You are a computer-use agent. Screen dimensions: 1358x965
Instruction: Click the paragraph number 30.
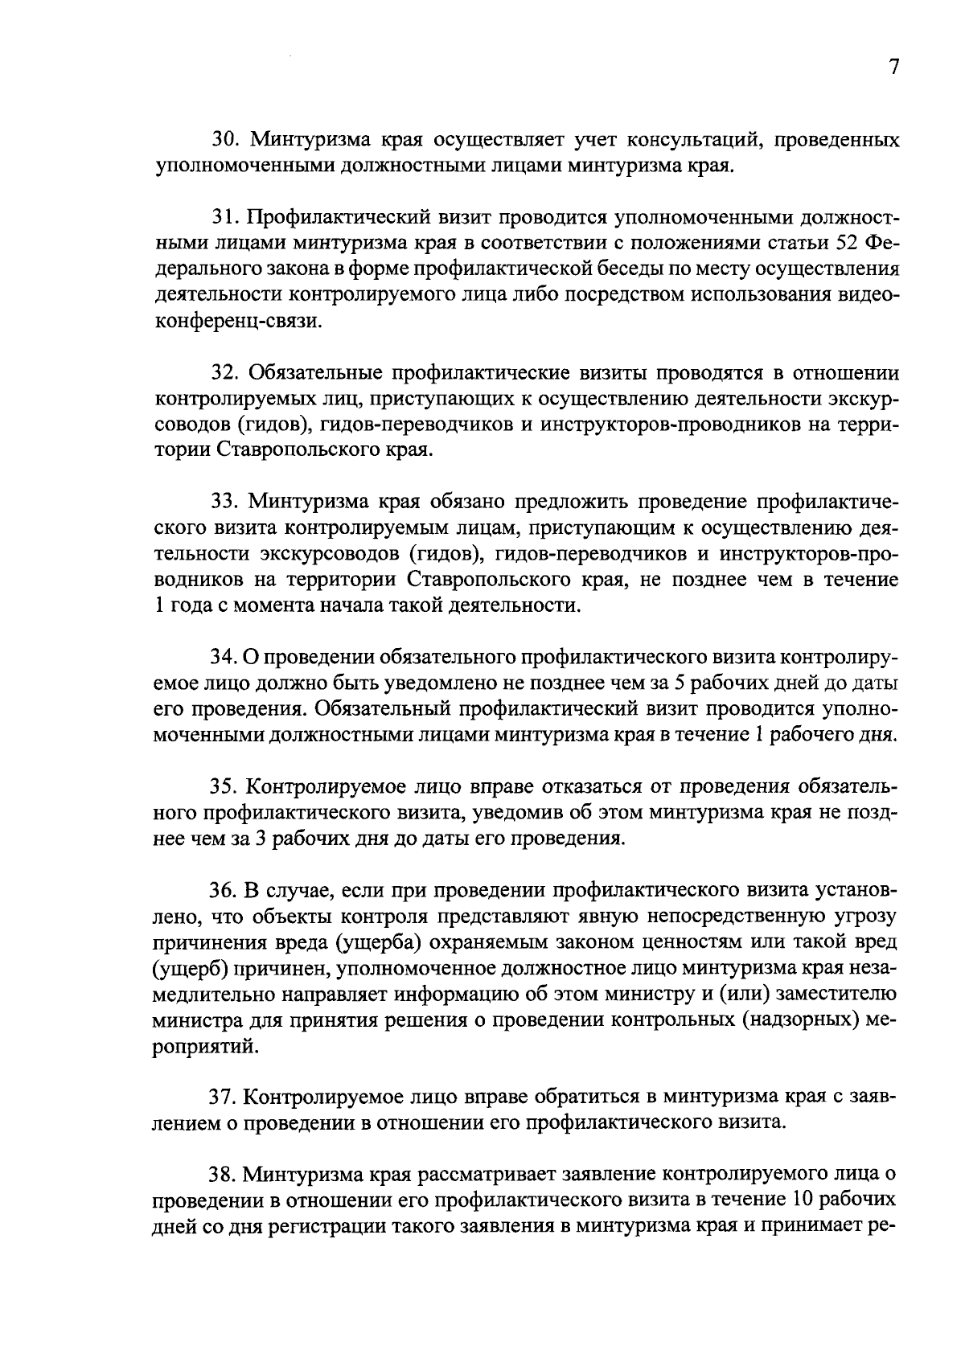[x=225, y=142]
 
